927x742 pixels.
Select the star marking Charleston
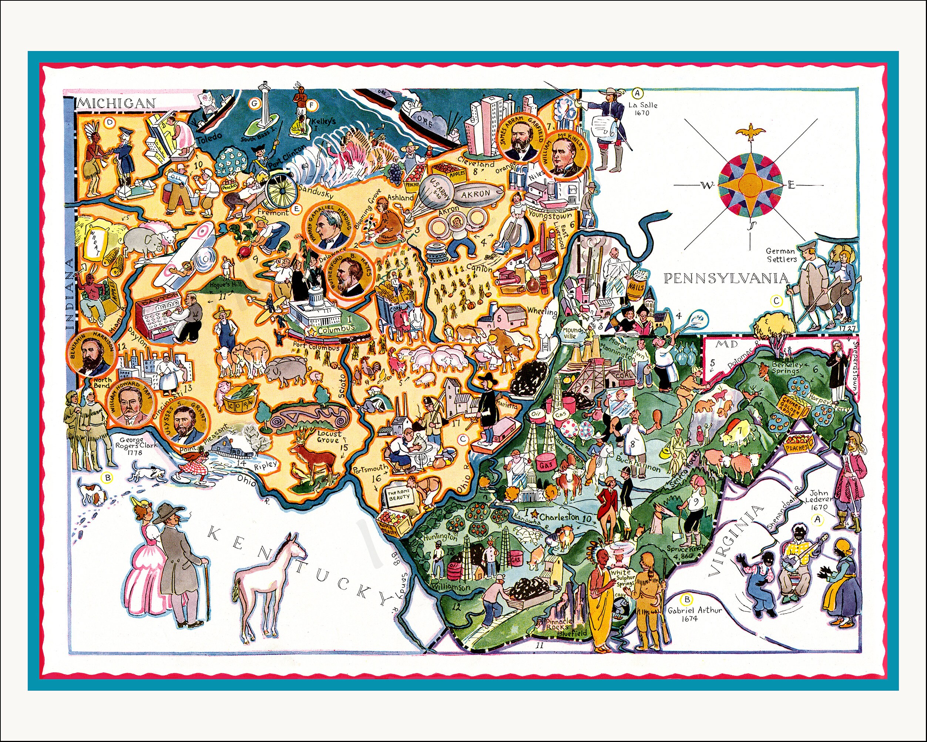[x=534, y=514]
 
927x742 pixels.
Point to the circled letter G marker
[x=255, y=103]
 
